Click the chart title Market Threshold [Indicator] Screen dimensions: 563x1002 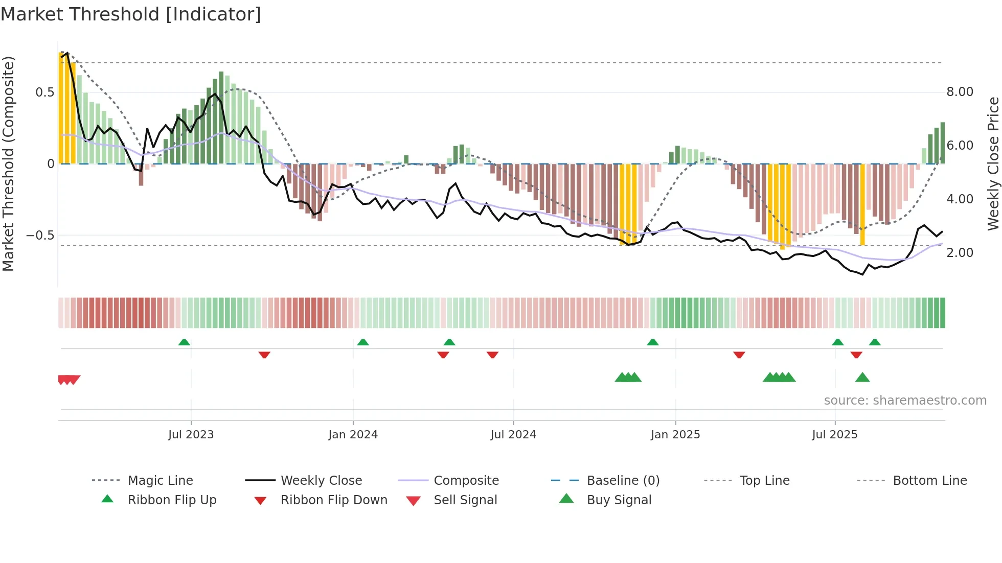[131, 14]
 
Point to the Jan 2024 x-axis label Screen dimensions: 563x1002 [353, 434]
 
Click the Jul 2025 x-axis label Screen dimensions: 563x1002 [834, 434]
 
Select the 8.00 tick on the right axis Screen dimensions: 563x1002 [960, 92]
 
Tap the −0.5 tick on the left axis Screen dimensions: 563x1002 [40, 236]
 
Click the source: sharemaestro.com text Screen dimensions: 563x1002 [905, 400]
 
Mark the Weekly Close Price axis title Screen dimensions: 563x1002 [993, 163]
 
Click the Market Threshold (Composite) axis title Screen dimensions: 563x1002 [8, 163]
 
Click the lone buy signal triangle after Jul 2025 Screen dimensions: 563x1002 [862, 378]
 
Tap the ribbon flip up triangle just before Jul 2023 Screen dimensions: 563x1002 [184, 342]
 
